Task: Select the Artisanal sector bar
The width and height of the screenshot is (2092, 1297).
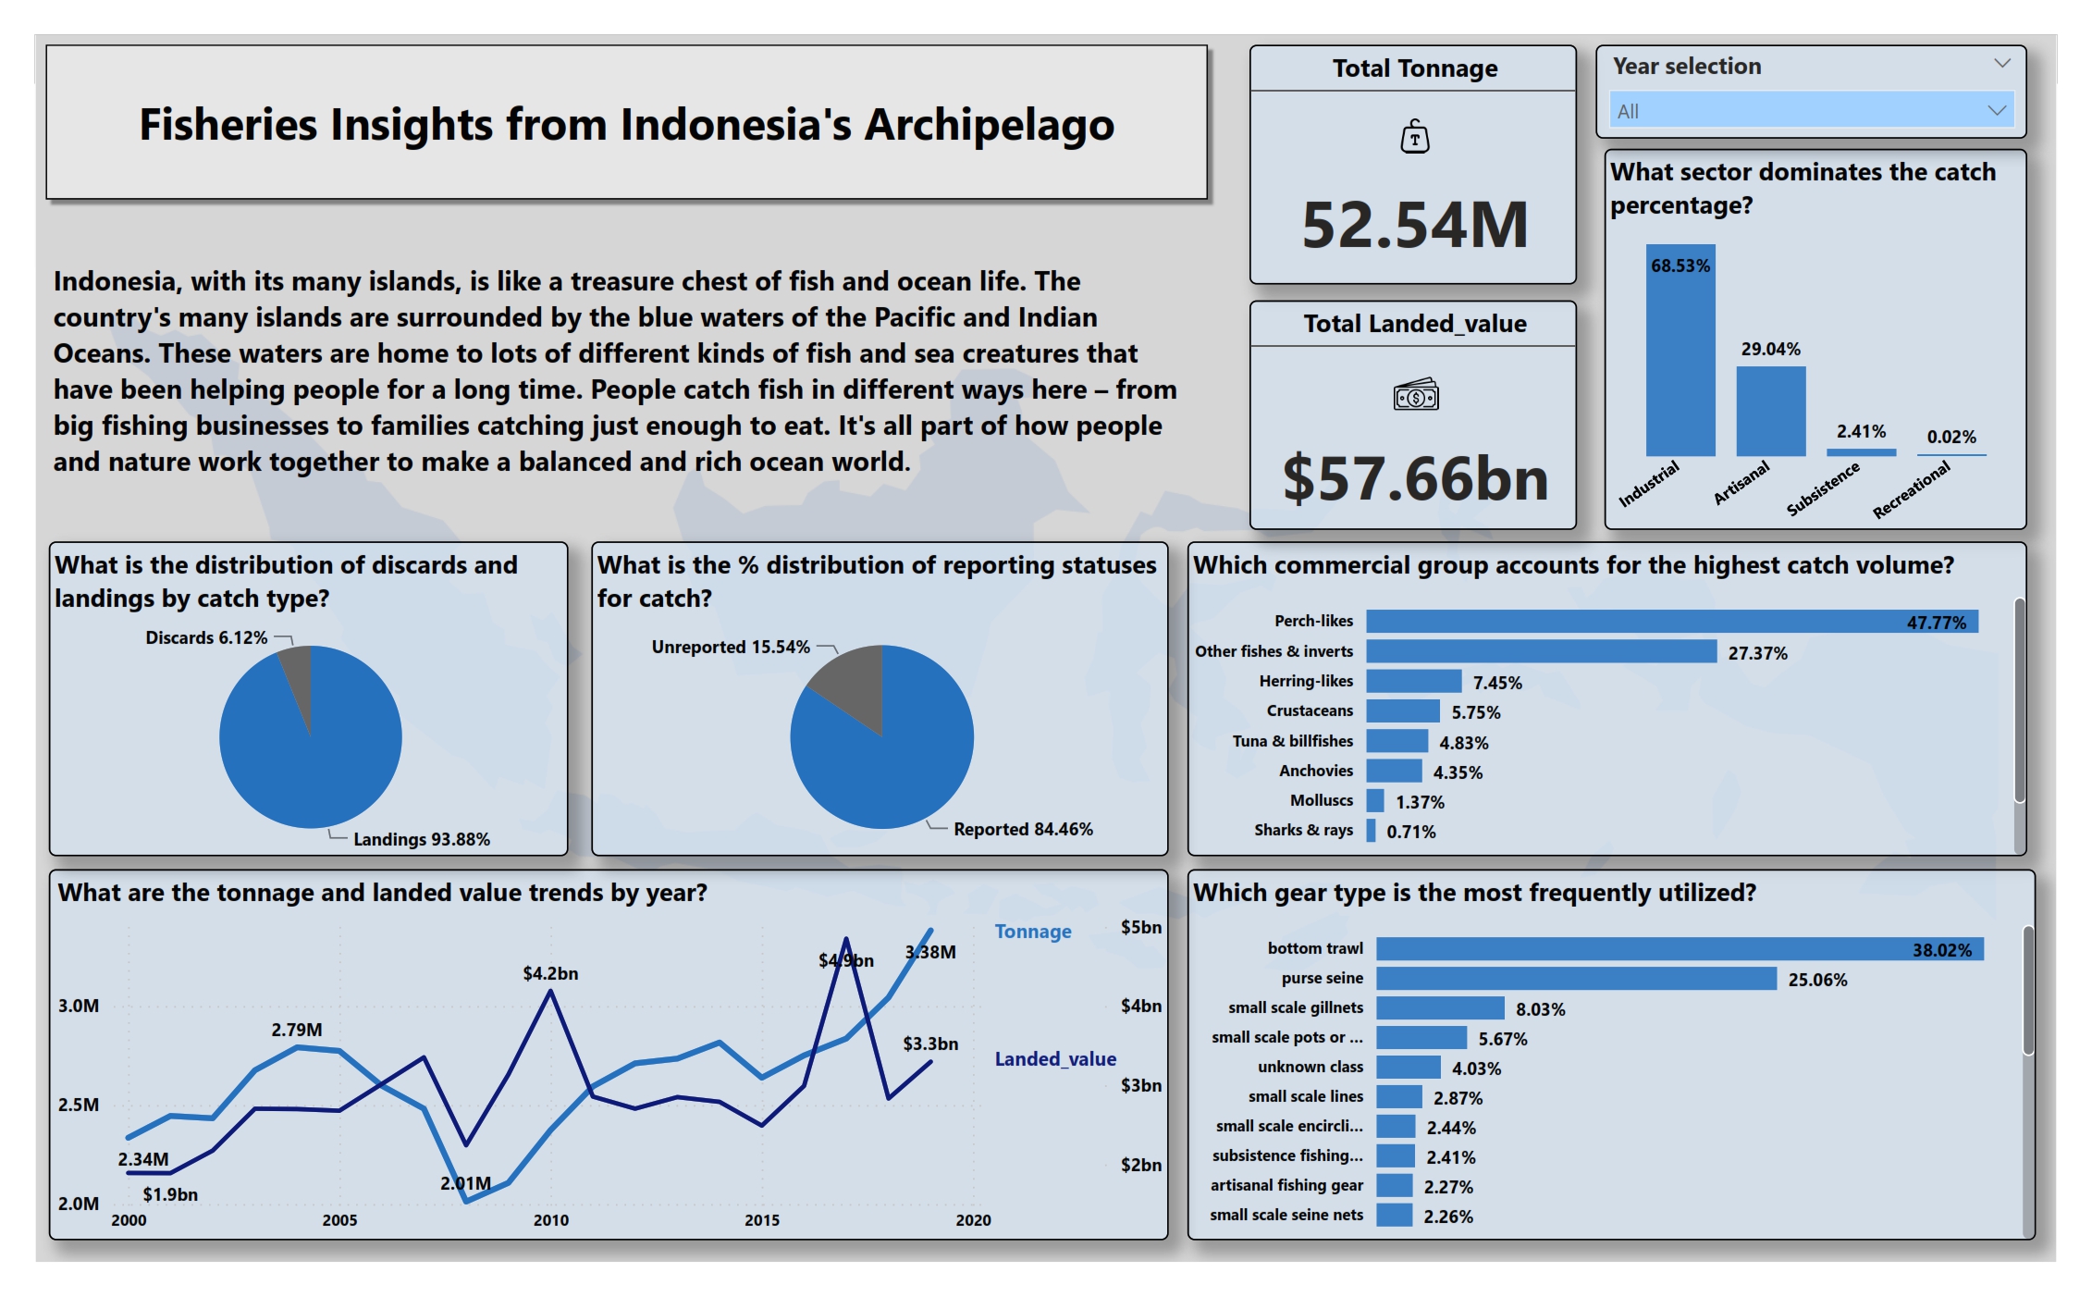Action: coord(1770,411)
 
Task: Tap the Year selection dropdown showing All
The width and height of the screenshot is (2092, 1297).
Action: coord(1810,111)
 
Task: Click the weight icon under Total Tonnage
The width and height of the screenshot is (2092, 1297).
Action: coord(1414,137)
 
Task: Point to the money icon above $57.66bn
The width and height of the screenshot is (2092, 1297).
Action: coord(1415,395)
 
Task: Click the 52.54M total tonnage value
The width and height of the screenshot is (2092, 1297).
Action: coord(1414,225)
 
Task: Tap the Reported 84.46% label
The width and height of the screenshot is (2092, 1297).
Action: coord(1023,829)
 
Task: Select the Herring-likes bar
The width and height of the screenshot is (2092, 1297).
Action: coord(1413,682)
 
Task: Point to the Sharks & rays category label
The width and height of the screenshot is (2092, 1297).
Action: coord(1303,830)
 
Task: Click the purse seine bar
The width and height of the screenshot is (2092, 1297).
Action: coord(1575,979)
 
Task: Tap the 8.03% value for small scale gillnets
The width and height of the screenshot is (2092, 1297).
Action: coord(1540,1009)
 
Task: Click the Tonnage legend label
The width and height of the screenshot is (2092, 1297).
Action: coord(1033,932)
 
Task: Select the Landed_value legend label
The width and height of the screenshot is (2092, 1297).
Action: coord(1055,1059)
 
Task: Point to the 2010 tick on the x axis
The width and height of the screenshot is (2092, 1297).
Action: coord(551,1220)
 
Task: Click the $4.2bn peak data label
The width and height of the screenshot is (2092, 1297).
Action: coord(550,973)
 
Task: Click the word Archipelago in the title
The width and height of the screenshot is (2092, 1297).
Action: coord(989,125)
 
